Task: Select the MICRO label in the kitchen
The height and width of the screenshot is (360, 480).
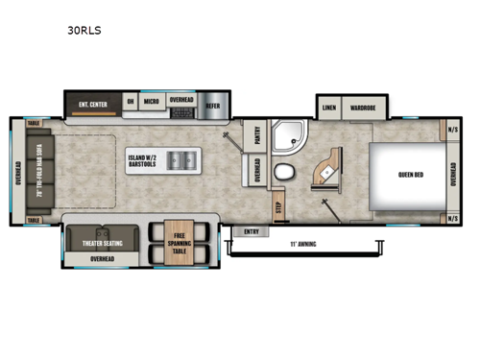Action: point(152,101)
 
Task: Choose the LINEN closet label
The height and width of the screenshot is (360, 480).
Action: point(329,108)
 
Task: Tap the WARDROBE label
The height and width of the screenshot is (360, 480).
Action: point(362,108)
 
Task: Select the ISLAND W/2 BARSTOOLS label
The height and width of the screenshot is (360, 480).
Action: point(144,157)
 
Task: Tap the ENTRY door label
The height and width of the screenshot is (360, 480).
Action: point(252,230)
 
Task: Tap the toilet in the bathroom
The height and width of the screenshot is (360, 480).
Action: point(285,174)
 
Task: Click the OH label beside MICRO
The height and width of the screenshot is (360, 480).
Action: point(131,101)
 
